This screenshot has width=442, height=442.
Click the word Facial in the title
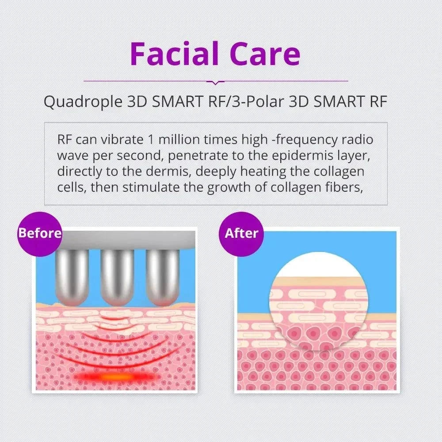pyautogui.click(x=174, y=53)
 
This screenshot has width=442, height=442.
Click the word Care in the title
pyautogui.click(x=265, y=53)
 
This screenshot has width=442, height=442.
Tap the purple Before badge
pyautogui.click(x=40, y=234)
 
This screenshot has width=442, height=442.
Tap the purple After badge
pyautogui.click(x=241, y=234)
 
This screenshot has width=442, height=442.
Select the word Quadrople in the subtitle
pyautogui.click(x=83, y=102)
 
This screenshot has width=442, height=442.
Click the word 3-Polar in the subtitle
pyautogui.click(x=257, y=102)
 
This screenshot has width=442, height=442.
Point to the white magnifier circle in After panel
pyautogui.click(x=315, y=301)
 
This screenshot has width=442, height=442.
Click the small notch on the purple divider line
pyautogui.click(x=216, y=82)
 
